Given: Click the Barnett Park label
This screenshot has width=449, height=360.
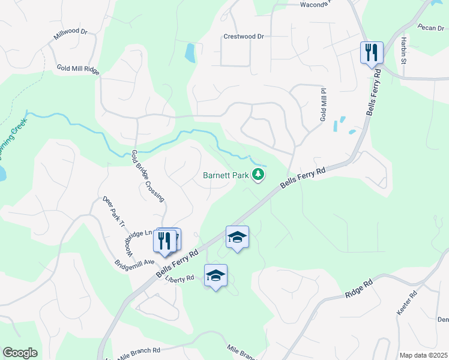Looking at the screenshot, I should [226, 175].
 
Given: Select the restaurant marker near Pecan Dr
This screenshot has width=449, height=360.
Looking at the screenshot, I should [372, 53].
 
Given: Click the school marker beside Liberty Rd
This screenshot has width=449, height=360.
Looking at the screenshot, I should [215, 276].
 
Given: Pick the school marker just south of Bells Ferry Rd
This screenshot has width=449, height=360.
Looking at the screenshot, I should [237, 238].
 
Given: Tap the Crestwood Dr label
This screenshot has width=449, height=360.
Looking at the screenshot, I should [243, 36].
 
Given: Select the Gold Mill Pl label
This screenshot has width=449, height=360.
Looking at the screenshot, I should [323, 106].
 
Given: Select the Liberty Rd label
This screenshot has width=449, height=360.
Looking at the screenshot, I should [181, 278].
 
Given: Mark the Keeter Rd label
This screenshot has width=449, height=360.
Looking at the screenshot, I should [406, 304].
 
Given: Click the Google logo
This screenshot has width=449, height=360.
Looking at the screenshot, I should [20, 353].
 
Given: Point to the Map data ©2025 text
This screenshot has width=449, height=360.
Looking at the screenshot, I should [423, 355].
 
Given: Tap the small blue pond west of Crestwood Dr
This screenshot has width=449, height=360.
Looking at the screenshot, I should [190, 53].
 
